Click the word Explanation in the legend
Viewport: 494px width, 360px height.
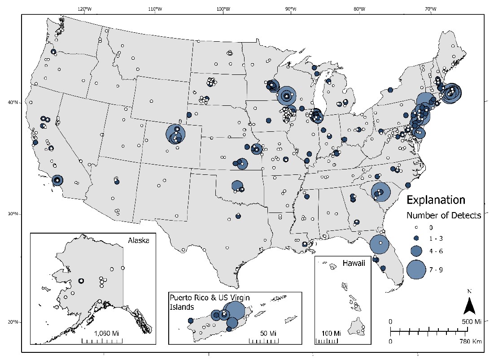pos(436,200)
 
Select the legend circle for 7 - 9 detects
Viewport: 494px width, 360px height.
pos(415,269)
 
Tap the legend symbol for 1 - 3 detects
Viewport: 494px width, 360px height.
pos(415,238)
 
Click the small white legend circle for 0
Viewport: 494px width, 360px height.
pos(415,227)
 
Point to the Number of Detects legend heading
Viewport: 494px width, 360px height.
pos(443,215)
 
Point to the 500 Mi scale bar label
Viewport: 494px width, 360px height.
pos(472,322)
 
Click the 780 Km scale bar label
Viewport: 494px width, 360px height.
pos(471,341)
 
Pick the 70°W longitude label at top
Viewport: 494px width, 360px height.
pos(429,9)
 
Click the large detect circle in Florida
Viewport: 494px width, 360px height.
pos(380,244)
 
